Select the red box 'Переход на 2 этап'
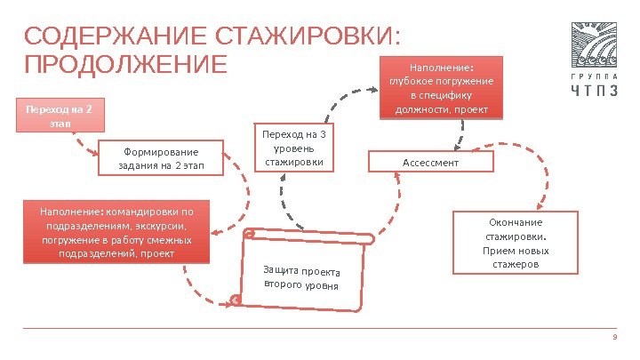pyautogui.click(x=59, y=116)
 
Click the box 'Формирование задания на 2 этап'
pyautogui.click(x=161, y=158)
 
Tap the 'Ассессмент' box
pyautogui.click(x=430, y=163)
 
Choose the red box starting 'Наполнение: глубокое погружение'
pyautogui.click(x=442, y=88)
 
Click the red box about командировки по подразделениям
pyautogui.click(x=116, y=233)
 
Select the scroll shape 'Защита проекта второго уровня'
pyautogui.click(x=302, y=276)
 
